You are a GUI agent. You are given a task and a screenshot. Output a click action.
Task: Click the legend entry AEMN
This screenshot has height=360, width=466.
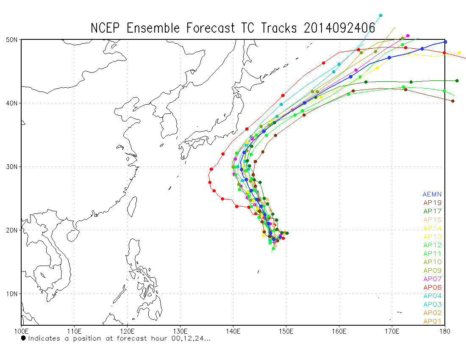tap(432, 194)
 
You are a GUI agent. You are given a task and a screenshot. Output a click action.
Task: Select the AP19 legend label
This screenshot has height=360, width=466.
tap(432, 202)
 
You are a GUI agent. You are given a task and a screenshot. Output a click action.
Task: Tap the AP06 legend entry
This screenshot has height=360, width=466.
tap(432, 287)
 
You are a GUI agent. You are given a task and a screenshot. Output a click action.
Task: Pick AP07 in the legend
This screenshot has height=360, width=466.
tap(432, 279)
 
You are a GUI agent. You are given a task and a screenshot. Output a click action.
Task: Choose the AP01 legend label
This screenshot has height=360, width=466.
tap(432, 321)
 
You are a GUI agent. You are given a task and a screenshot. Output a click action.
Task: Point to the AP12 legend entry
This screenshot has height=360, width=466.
tap(432, 245)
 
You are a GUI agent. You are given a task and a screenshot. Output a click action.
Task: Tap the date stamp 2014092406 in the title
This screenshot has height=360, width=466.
tap(339, 28)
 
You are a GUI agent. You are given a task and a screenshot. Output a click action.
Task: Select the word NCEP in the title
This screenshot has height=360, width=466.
tap(105, 28)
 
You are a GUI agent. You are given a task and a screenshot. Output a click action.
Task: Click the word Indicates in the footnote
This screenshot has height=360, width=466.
tap(44, 338)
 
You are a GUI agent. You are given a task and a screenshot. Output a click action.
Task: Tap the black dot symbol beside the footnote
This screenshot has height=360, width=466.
tap(23, 338)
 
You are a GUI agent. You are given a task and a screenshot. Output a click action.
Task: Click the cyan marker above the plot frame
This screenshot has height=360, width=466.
tap(381, 15)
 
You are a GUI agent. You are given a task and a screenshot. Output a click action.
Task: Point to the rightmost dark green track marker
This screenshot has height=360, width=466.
tap(457, 80)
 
